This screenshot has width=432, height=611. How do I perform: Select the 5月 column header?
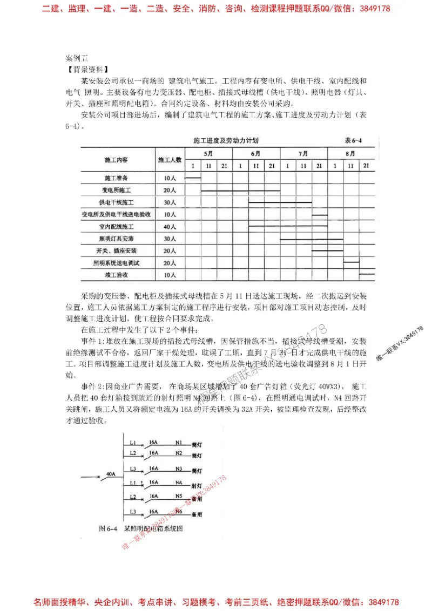(x=208, y=153)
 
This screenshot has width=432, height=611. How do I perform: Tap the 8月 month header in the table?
(x=351, y=153)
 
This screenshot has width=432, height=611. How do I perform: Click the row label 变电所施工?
(x=116, y=190)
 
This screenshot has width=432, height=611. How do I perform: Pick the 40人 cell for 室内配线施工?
(x=170, y=227)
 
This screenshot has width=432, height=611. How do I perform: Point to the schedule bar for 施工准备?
(x=193, y=177)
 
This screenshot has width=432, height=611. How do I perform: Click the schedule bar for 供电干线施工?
(x=280, y=202)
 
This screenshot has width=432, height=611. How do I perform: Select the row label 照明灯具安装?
(x=116, y=239)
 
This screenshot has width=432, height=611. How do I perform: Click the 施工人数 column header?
(x=170, y=160)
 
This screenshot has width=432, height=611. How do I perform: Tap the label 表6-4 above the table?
(x=353, y=140)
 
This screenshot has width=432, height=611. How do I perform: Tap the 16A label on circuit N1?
(x=153, y=440)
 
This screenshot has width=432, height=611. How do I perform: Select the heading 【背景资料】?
(x=86, y=69)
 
